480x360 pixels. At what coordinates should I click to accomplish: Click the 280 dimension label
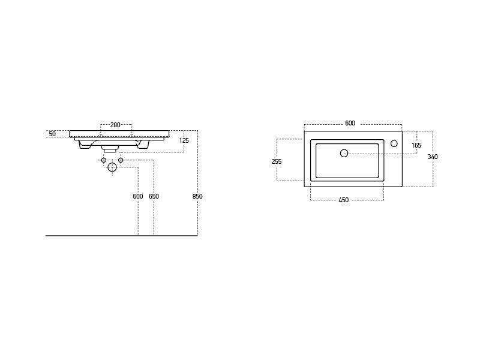(115, 125)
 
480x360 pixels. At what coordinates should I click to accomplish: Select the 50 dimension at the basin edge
(52, 134)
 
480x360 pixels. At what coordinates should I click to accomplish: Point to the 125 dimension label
(184, 140)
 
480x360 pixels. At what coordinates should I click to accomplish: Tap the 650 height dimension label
(154, 196)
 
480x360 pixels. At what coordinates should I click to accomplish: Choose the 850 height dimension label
(197, 196)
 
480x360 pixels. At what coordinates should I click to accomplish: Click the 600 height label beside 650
(138, 196)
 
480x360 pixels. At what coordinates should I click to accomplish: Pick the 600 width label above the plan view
(350, 123)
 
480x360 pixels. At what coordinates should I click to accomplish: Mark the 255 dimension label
(277, 161)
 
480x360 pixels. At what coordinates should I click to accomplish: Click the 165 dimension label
(416, 145)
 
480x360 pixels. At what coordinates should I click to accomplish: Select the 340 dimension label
(433, 157)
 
